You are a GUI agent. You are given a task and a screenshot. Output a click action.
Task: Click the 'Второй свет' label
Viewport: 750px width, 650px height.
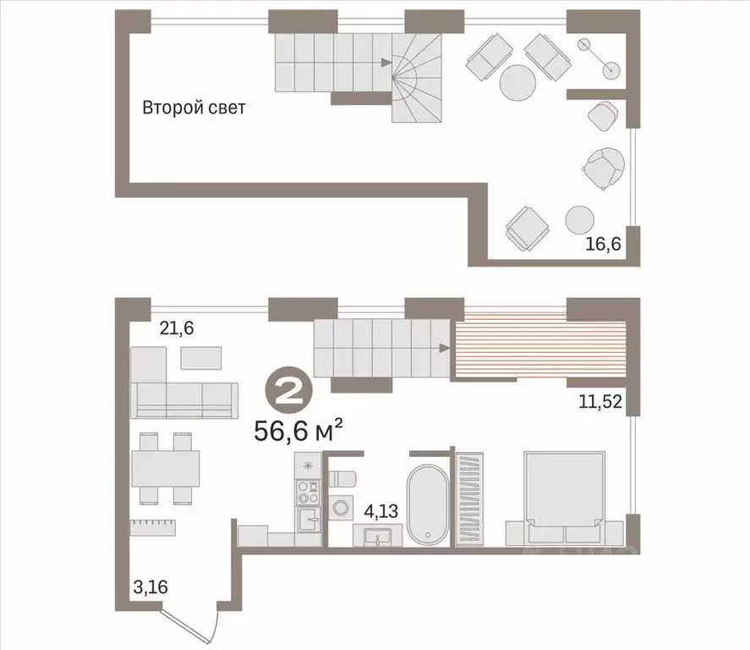pos(194,107)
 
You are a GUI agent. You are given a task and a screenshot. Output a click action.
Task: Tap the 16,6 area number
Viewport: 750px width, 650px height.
pos(603,244)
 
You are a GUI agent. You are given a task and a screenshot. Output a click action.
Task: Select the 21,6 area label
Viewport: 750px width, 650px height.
pos(177,328)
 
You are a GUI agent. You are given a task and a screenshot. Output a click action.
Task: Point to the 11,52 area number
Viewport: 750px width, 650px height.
pos(601,401)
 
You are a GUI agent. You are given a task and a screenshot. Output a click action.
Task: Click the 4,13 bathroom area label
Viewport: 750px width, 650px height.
pos(381,511)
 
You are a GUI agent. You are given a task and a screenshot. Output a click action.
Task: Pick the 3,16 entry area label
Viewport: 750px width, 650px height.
pos(151,587)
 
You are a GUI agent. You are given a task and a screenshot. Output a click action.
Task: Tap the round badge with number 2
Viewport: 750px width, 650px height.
pos(289,394)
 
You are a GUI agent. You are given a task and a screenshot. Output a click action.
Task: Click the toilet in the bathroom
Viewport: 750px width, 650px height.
pos(342,479)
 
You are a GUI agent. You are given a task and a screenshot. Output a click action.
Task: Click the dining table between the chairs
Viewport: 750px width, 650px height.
pos(166,469)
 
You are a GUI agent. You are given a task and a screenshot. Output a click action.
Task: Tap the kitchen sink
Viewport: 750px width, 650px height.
pos(309,520)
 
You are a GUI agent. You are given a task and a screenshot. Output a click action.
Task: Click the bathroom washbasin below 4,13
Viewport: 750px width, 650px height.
pos(378,537)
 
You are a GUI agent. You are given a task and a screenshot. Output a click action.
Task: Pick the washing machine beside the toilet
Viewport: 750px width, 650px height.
pos(342,507)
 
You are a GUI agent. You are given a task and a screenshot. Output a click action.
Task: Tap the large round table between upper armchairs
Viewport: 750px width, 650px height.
pos(517,83)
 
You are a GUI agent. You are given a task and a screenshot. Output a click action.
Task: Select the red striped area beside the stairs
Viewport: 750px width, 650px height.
pos(540,349)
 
